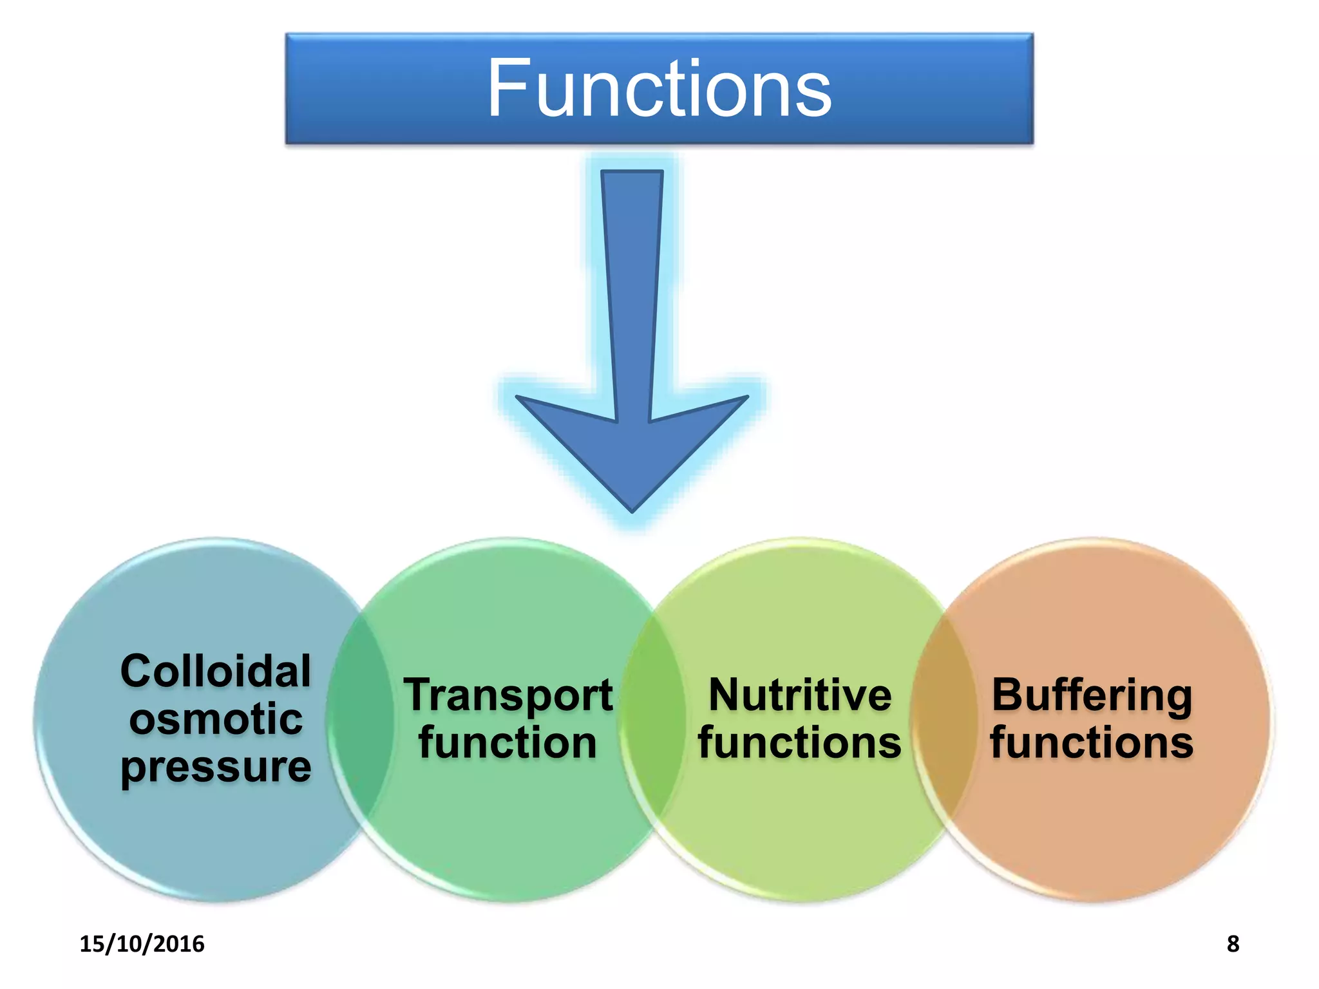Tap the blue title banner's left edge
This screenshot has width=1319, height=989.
(x=288, y=88)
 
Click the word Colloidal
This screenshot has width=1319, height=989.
(x=216, y=671)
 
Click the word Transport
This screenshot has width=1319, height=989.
(x=508, y=695)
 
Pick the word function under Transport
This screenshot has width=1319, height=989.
(x=508, y=743)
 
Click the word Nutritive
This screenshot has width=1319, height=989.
(x=800, y=695)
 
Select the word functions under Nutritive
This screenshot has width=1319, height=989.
(x=800, y=743)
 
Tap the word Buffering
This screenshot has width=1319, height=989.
(x=1092, y=695)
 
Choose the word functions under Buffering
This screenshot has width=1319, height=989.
(x=1092, y=743)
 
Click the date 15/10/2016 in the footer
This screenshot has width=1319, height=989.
(x=142, y=944)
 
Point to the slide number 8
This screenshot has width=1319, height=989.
(x=1233, y=944)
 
